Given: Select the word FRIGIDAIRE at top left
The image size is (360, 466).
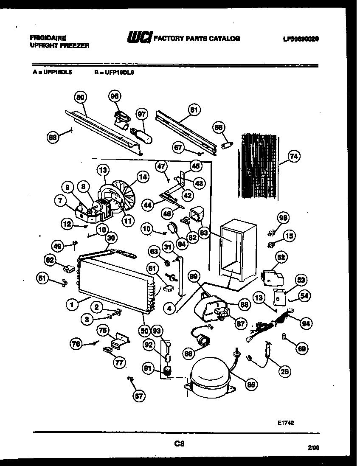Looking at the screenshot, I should (48, 38).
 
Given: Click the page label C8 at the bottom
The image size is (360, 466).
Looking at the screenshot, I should (180, 444).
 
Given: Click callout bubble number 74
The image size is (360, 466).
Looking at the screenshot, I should (293, 156).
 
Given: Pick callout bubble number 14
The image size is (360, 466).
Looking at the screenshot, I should (143, 177).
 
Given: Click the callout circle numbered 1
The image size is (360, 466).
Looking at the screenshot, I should (73, 304).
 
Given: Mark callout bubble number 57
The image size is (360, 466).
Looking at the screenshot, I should (139, 396).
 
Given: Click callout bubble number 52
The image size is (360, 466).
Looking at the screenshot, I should (281, 257).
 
